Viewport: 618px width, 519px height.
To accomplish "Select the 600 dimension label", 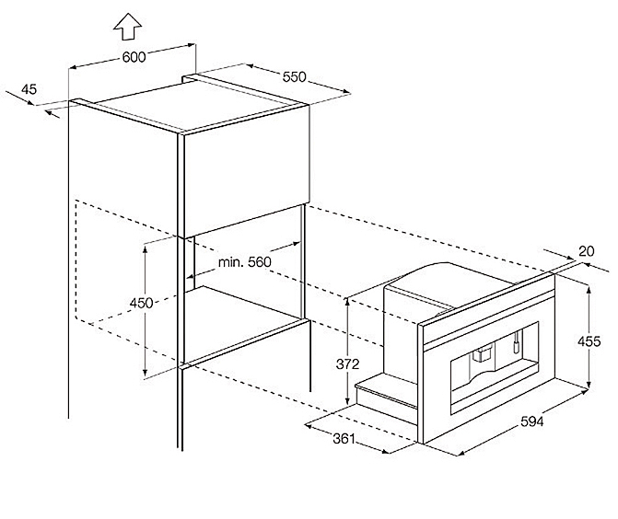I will [134, 58].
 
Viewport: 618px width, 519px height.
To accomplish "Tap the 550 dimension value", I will [294, 78].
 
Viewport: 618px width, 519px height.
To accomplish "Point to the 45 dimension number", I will [29, 89].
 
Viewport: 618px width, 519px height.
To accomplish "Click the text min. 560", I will [245, 262].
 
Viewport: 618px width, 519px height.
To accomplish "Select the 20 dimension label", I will [587, 248].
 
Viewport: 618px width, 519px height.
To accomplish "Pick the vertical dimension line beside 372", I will [346, 351].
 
